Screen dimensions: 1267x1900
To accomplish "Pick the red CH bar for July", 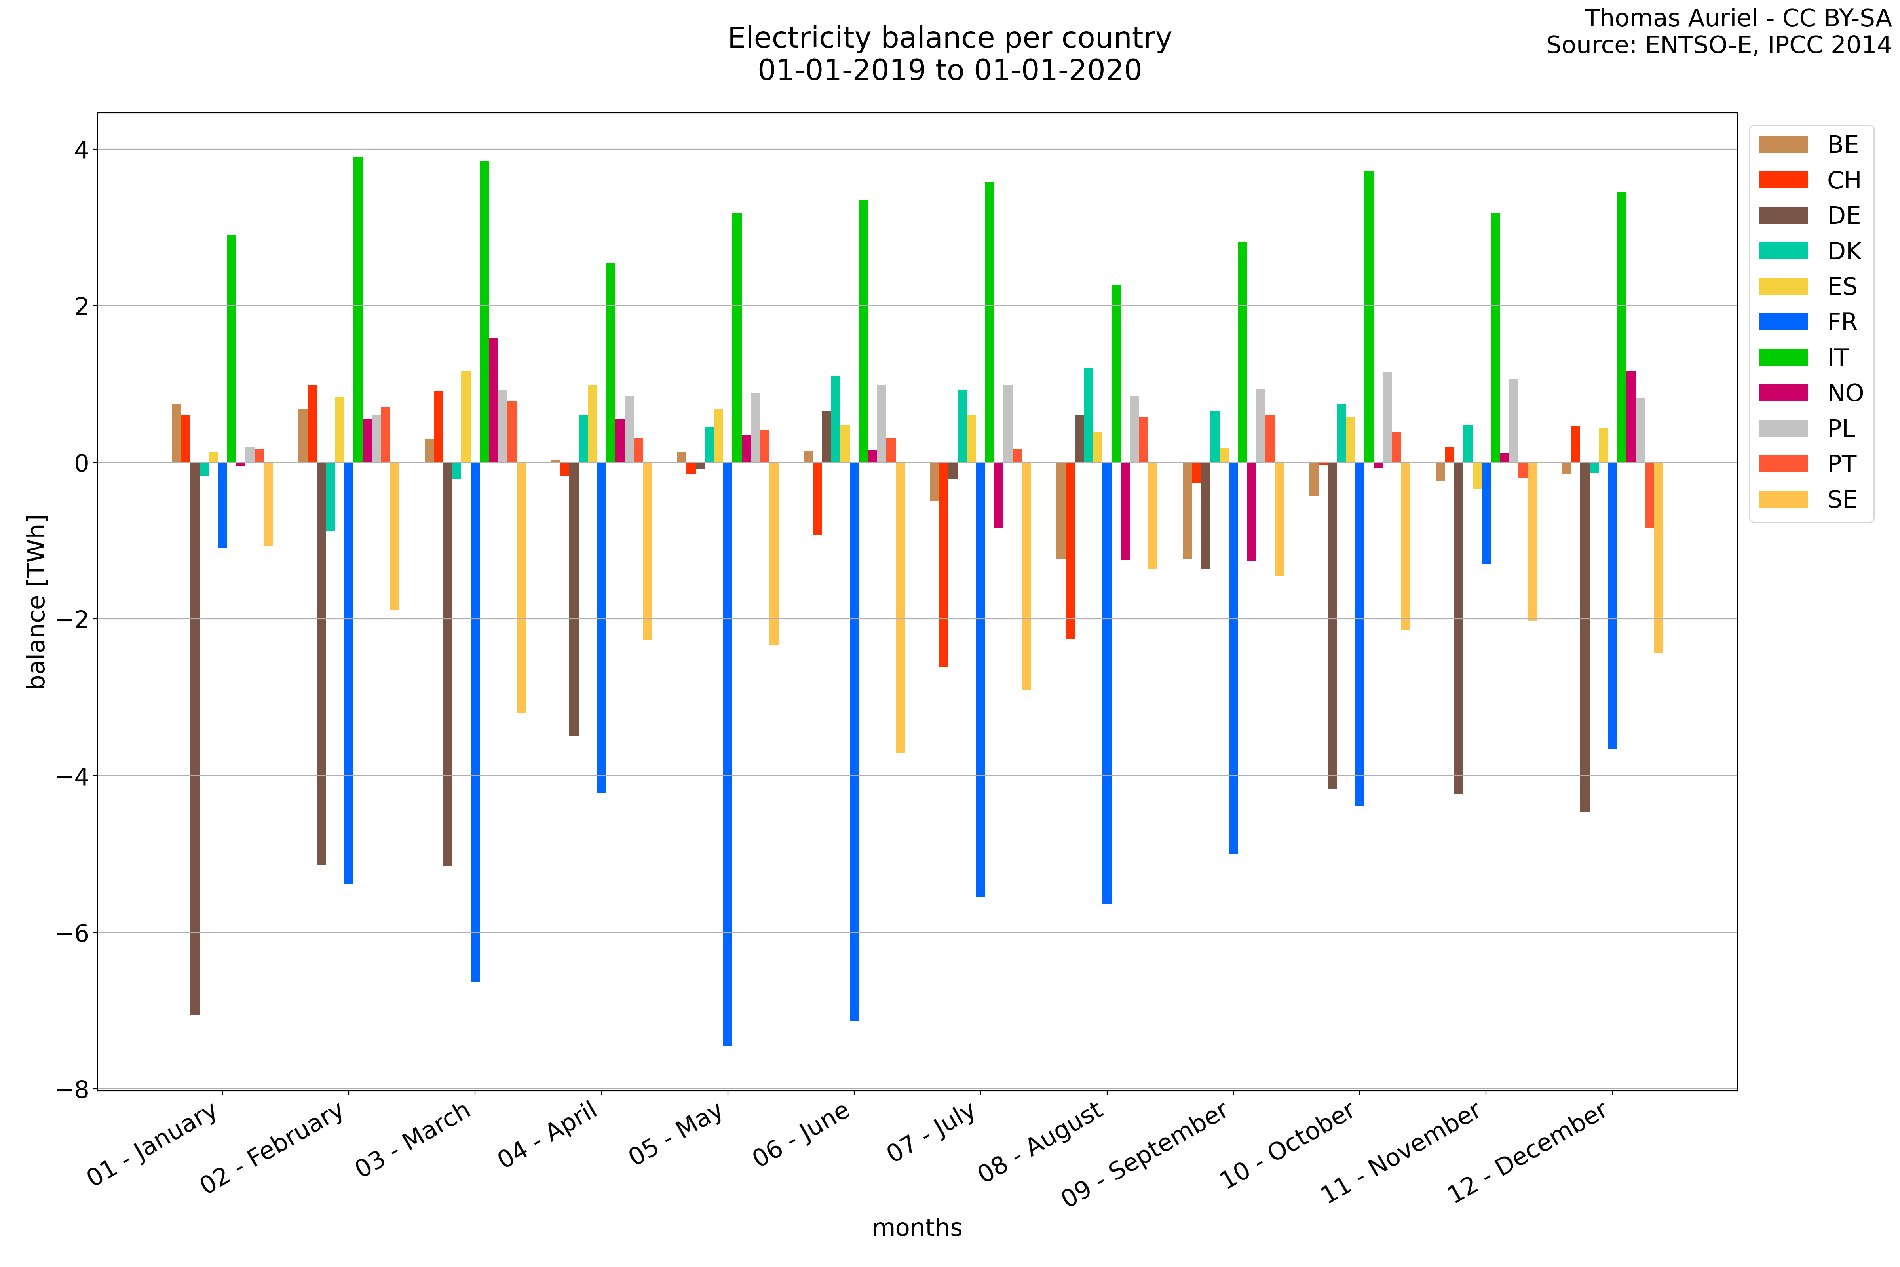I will coord(944,564).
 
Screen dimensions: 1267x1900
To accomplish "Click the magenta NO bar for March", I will coord(494,400).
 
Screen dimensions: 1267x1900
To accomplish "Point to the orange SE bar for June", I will coord(900,608).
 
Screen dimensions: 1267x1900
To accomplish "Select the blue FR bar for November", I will coord(1486,513).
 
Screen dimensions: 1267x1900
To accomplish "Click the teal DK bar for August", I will coord(1089,415).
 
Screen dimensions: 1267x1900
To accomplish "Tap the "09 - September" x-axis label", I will coord(1146,1155).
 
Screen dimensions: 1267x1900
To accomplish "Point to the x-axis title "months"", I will coord(917,1227).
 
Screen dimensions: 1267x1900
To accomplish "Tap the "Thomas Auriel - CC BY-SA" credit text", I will coord(1737,18).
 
